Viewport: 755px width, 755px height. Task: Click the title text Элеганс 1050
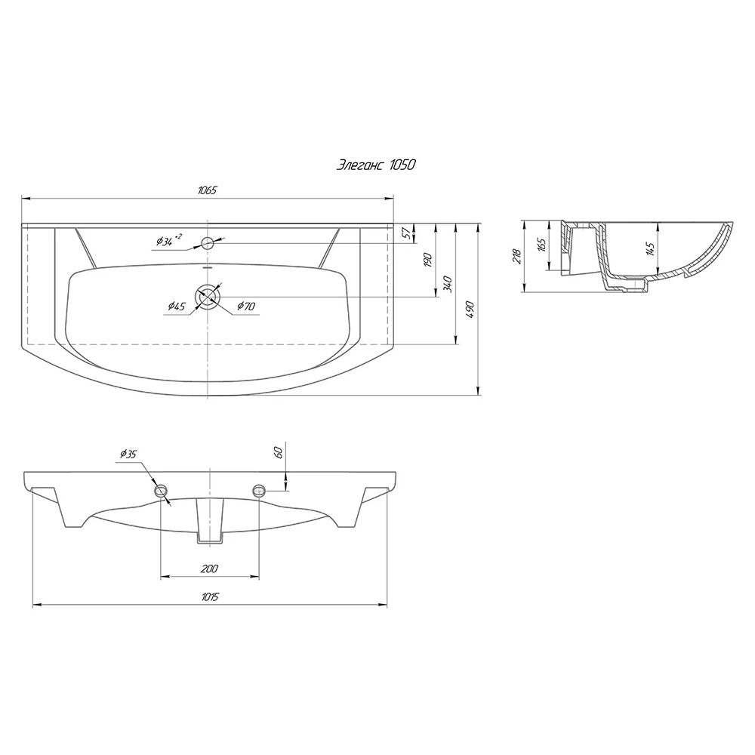click(x=375, y=165)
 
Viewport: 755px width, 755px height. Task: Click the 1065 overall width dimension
click(x=208, y=190)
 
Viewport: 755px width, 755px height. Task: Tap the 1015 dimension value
click(x=210, y=597)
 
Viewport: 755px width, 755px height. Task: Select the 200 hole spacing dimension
click(x=209, y=569)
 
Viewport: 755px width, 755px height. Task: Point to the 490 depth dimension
click(x=471, y=310)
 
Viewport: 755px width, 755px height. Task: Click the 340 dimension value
click(x=448, y=284)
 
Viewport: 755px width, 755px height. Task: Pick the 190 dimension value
click(x=428, y=260)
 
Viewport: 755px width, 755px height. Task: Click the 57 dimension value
click(x=408, y=233)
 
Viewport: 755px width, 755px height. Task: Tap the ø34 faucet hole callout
click(x=169, y=240)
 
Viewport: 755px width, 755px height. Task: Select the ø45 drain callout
click(x=177, y=307)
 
